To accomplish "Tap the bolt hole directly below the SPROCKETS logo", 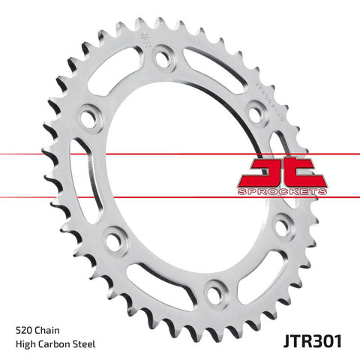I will coord(283,223).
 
